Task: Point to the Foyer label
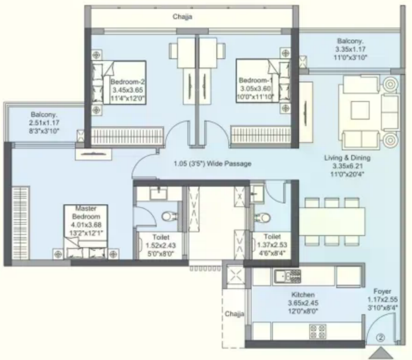382,291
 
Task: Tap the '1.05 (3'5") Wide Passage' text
213,163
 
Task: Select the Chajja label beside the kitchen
234,314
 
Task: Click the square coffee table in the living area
359,111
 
